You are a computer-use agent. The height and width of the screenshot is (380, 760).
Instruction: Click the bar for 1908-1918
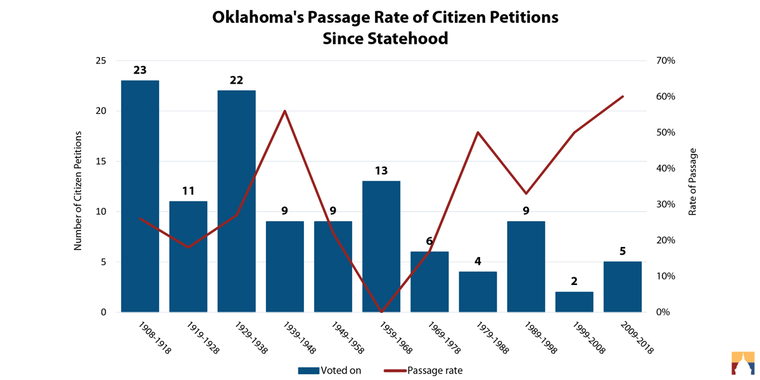click(x=140, y=196)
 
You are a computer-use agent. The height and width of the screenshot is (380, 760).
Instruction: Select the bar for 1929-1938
click(x=236, y=201)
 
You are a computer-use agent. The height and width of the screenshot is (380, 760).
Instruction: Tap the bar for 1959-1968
click(x=381, y=246)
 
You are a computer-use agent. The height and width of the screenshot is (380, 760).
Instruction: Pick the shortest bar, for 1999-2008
click(x=574, y=302)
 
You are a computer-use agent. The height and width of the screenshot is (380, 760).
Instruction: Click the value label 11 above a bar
click(x=188, y=191)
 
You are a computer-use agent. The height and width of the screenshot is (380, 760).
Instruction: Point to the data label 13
click(x=381, y=170)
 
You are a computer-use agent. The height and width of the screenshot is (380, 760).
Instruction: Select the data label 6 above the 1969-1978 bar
click(x=429, y=241)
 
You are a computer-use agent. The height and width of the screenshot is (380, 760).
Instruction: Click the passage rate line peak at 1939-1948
click(x=285, y=111)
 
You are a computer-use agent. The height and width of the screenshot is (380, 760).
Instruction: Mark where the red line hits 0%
click(x=381, y=312)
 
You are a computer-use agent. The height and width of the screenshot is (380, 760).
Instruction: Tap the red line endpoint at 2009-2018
click(x=623, y=96)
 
